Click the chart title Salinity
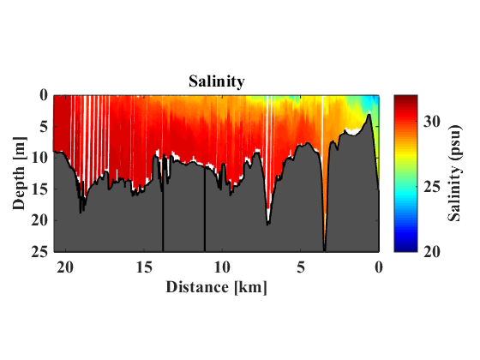click(216, 81)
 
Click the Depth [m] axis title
click(20, 173)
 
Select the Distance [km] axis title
click(216, 288)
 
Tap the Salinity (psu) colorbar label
click(454, 173)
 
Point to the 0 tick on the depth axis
click(44, 95)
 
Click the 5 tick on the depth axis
click(44, 127)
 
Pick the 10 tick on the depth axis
click(39, 158)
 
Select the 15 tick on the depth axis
click(39, 189)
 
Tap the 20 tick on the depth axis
click(39, 220)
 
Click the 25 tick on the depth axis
click(39, 252)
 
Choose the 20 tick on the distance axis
click(65, 267)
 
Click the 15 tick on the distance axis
click(144, 267)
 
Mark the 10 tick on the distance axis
click(222, 267)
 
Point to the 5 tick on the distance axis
click(301, 267)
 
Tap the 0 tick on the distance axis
click(379, 267)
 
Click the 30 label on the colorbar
click(432, 122)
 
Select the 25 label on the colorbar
click(432, 187)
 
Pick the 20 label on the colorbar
click(432, 252)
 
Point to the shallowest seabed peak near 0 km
click(369, 115)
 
